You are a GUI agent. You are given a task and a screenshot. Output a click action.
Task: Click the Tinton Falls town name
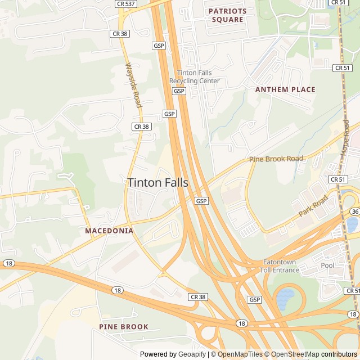click(157, 183)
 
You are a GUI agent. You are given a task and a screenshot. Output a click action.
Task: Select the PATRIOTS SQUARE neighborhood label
click(228, 15)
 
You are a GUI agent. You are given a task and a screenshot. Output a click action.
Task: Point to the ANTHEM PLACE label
click(285, 89)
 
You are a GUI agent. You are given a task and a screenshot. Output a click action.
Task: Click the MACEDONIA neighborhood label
click(109, 231)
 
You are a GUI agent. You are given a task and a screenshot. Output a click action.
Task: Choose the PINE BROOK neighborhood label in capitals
click(124, 326)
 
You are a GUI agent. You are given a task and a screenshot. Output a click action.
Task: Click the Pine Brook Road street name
click(276, 159)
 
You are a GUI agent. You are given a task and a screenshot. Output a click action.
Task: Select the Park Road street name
click(313, 206)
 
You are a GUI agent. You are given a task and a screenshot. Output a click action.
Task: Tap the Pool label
click(327, 265)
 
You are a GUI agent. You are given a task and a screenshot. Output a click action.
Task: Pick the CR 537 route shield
click(125, 3)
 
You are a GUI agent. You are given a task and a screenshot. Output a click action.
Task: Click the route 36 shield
click(354, 211)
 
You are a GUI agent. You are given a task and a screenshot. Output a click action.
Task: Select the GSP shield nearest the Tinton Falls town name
click(202, 201)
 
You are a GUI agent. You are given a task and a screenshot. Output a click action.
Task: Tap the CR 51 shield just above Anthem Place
click(342, 68)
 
